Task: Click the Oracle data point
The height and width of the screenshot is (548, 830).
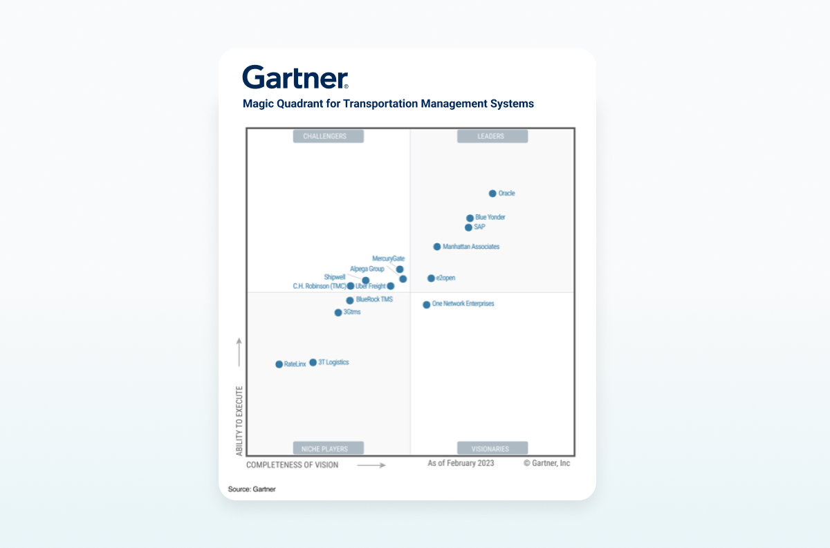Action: tap(492, 193)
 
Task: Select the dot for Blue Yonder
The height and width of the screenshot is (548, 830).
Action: tap(470, 218)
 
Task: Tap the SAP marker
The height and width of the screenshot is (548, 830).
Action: tap(468, 227)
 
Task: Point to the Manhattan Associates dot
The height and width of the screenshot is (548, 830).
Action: tap(437, 247)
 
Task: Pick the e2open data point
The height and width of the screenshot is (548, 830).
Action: tap(431, 278)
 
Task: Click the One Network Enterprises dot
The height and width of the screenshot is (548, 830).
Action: tap(427, 305)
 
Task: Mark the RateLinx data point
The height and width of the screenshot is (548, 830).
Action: tap(279, 364)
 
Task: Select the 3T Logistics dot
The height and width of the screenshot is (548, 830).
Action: tap(313, 362)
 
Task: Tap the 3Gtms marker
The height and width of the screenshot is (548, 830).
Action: tap(338, 312)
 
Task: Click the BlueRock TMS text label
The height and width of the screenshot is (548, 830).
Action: tap(374, 300)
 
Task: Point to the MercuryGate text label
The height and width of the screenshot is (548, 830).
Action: tap(388, 258)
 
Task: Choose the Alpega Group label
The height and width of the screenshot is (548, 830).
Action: tap(367, 269)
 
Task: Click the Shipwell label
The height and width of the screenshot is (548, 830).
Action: tap(335, 277)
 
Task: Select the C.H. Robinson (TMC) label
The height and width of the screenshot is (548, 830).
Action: tap(320, 286)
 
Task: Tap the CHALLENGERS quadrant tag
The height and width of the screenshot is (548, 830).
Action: tap(329, 136)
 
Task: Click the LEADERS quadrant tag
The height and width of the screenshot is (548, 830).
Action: tap(492, 136)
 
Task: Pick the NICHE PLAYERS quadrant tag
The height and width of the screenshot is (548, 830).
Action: tap(329, 448)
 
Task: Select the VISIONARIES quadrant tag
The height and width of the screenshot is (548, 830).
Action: tap(492, 448)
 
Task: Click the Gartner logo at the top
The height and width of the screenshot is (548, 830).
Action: tap(295, 77)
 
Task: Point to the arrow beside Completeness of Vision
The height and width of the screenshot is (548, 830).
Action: tap(371, 465)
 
